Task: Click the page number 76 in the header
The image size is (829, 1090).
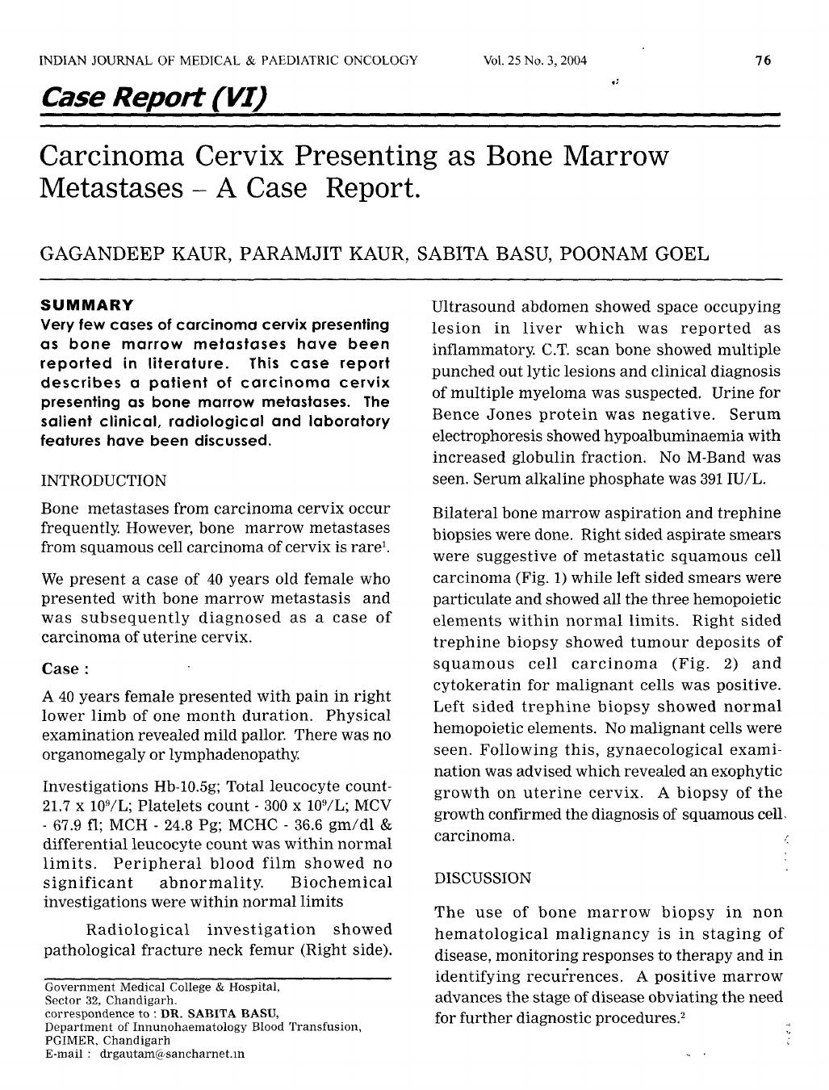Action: point(764,61)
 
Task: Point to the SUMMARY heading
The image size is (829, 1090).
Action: point(87,306)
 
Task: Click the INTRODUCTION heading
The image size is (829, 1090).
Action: point(103,480)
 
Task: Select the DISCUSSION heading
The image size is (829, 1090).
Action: point(483,878)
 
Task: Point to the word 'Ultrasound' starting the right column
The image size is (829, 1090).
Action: point(471,307)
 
